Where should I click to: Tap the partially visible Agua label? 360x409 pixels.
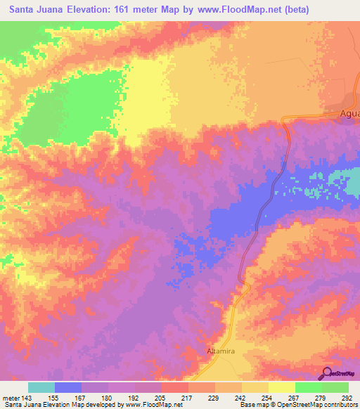point(348,114)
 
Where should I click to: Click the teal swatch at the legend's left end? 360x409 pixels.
point(41,387)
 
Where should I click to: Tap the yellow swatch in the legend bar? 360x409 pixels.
point(281,387)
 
